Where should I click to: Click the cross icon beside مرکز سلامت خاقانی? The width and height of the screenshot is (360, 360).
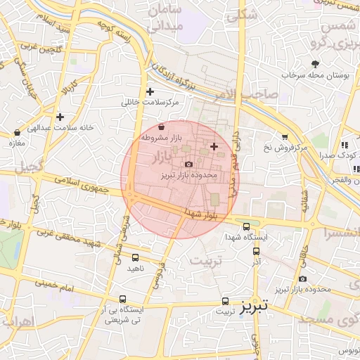pos(150,91)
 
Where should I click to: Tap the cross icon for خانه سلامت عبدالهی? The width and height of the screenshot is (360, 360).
pos(60,117)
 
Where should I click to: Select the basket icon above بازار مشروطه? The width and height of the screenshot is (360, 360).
pos(162,127)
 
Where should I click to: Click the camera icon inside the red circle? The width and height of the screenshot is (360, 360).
pos(188,164)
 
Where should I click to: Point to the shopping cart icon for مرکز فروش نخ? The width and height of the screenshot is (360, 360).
pos(284,136)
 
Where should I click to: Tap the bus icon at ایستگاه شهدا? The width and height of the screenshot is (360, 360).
pos(246,226)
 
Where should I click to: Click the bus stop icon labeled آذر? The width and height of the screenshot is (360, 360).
pos(256,250)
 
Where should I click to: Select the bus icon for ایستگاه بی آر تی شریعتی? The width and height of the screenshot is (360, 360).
pos(123,299)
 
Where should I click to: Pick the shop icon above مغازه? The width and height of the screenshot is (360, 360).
pos(18,132)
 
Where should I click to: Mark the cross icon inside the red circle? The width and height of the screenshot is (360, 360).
pos(214,146)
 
